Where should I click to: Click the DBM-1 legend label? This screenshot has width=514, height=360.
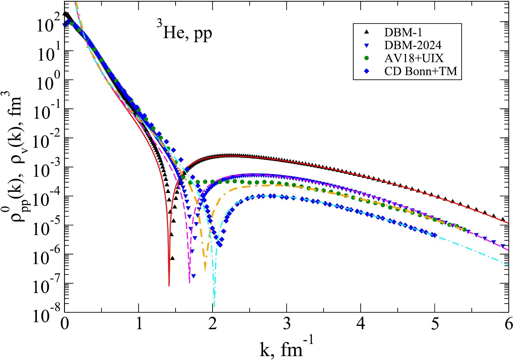tap(403, 32)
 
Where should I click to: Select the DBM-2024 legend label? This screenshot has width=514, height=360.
tap(413, 45)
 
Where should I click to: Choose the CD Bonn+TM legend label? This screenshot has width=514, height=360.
tap(420, 71)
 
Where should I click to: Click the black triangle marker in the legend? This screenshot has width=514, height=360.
tap(367, 32)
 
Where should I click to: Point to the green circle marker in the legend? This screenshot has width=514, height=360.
tap(367, 58)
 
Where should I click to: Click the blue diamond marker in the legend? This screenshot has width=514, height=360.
tap(367, 71)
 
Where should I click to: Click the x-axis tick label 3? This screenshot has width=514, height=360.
tap(287, 324)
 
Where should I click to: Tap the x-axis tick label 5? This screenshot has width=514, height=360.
tap(435, 324)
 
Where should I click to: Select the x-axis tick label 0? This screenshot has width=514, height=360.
tap(65, 324)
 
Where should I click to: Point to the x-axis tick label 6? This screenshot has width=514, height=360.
tap(509, 324)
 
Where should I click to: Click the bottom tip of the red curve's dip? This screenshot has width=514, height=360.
tap(169, 285)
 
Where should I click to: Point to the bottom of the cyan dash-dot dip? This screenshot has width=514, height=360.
tap(214, 306)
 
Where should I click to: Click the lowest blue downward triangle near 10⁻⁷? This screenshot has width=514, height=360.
tap(193, 276)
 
